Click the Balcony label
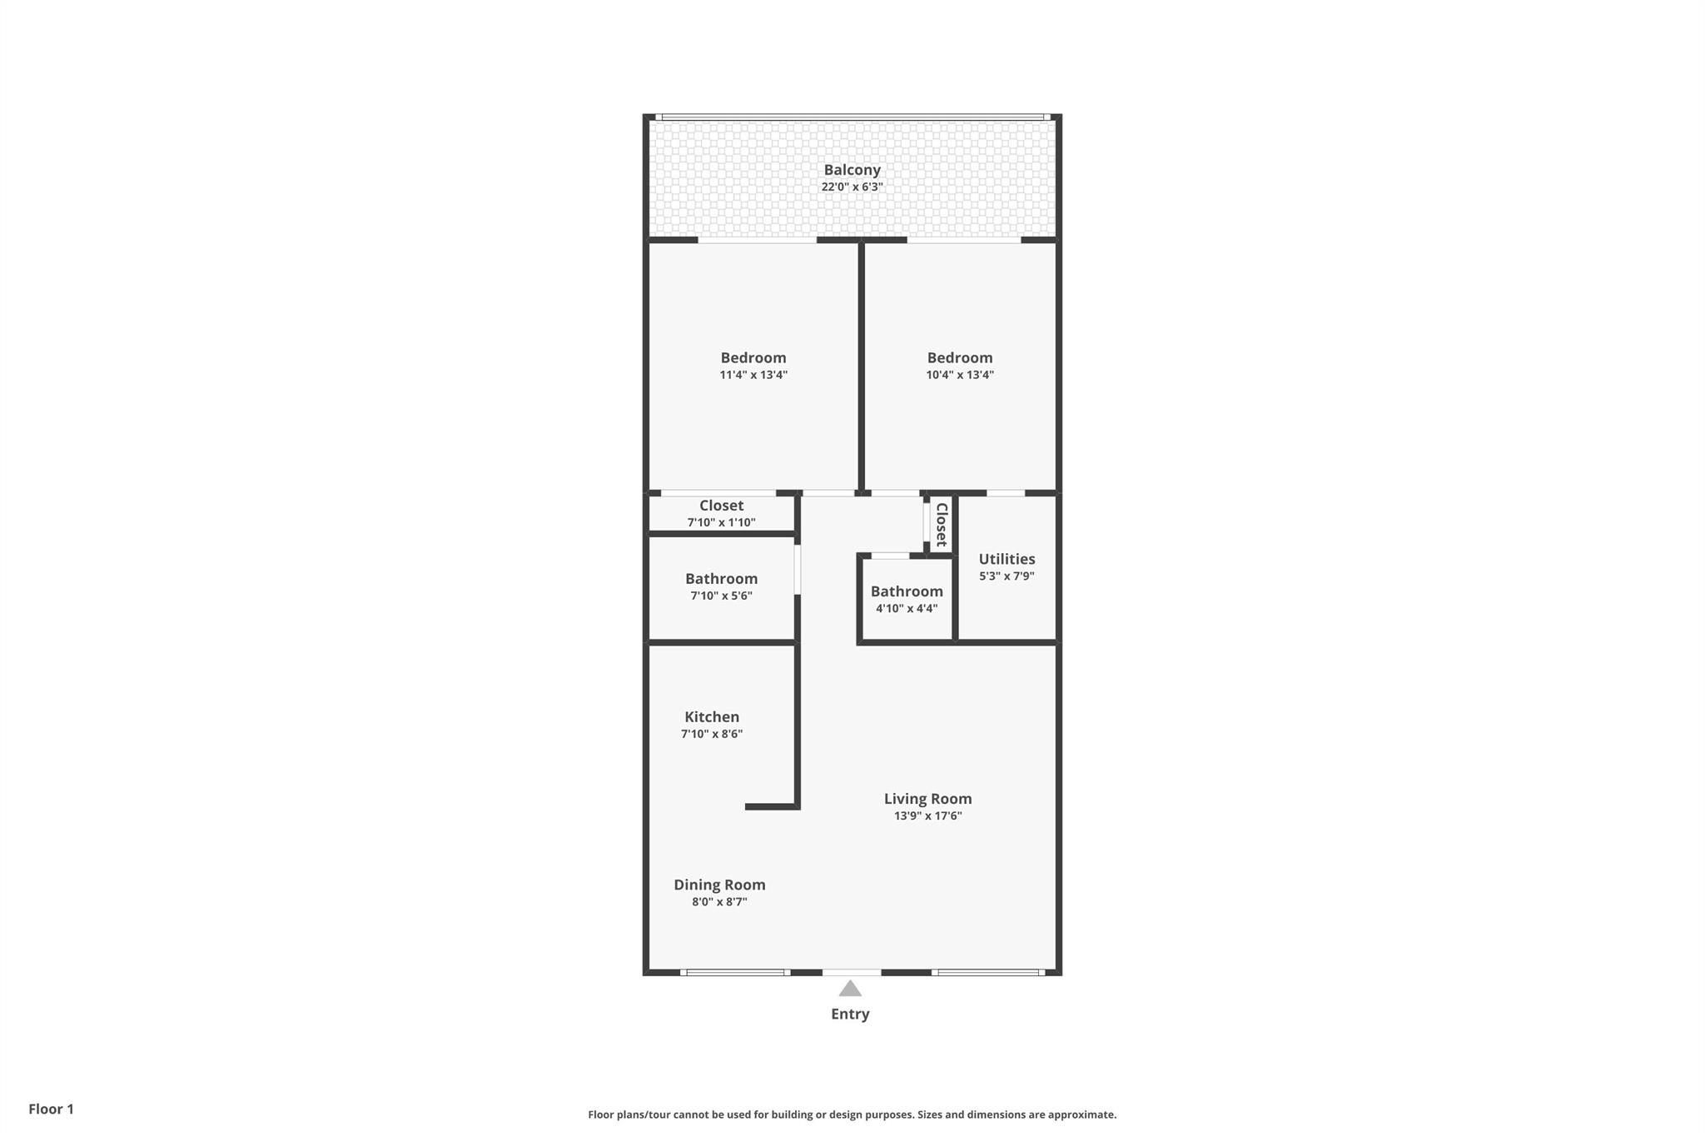point(852,170)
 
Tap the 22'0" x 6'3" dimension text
point(852,187)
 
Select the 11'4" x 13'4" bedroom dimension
point(753,375)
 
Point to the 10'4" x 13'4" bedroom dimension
point(960,375)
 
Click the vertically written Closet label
point(942,525)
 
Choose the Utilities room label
point(1007,559)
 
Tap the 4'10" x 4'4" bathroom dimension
point(907,609)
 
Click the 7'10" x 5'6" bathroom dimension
point(721,596)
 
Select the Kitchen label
point(712,717)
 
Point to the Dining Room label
point(719,885)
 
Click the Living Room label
point(927,799)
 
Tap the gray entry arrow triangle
point(850,990)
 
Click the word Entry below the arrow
point(850,1014)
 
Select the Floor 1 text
point(51,1109)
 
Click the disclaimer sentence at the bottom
point(852,1115)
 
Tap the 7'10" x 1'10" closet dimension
point(721,523)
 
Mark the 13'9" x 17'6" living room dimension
point(927,816)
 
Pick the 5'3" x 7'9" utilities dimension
point(1007,576)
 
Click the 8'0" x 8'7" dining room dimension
point(719,902)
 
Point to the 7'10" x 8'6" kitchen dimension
point(712,735)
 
